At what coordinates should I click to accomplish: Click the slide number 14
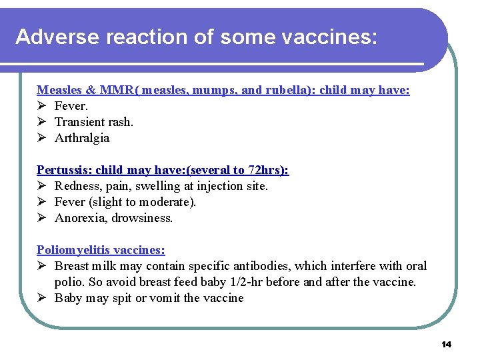(x=446, y=344)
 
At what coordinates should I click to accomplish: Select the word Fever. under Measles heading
(x=71, y=106)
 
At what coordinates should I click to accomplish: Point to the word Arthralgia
(x=82, y=138)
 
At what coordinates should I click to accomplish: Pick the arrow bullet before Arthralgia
(x=41, y=138)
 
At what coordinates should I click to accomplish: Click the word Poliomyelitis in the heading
(x=73, y=250)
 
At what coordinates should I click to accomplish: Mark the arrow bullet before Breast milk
(x=41, y=266)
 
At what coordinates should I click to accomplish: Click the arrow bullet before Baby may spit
(x=41, y=298)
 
